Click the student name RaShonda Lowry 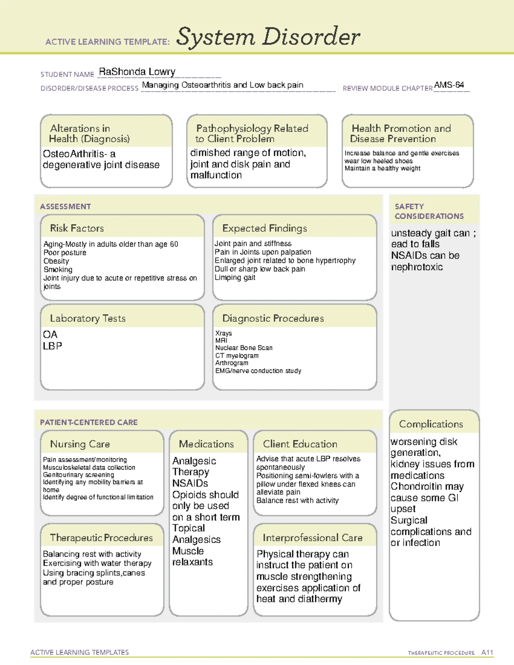pos(137,72)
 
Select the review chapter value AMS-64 pos(448,85)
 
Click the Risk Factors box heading pos(77,228)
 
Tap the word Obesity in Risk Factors pos(56,261)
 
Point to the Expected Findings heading pos(264,228)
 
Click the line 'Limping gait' pos(235,277)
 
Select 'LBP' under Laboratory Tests pos(52,346)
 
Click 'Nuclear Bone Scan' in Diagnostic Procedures pos(244,348)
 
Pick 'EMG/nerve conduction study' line pos(258,371)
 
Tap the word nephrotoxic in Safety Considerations pos(417,267)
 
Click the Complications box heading pos(431,424)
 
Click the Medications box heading pos(206,444)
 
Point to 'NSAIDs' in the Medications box pos(190,483)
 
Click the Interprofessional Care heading pos(312,538)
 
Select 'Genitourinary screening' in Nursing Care pos(78,475)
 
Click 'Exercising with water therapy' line pos(97,564)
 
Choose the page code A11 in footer pos(487,653)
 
